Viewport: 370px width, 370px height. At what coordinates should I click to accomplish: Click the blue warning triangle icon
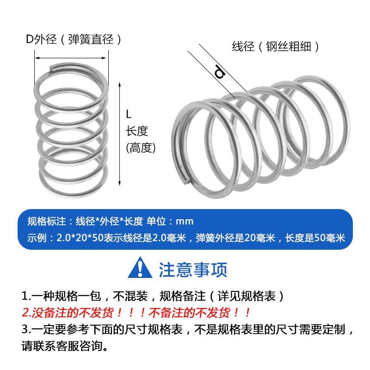[140, 269]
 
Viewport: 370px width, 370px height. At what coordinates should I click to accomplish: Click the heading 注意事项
[193, 270]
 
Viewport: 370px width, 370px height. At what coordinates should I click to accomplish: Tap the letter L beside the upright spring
[129, 113]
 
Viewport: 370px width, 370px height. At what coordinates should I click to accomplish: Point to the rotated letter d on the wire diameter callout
[220, 72]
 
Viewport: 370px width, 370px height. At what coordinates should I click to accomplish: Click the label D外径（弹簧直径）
[74, 39]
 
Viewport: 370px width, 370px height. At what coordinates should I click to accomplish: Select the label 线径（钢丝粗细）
[276, 46]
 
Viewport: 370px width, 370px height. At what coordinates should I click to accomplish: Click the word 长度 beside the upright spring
[136, 131]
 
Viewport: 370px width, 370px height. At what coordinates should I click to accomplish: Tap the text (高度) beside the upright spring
[141, 148]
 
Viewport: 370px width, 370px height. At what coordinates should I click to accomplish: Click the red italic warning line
[137, 312]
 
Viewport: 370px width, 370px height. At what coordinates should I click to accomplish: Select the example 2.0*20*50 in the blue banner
[73, 239]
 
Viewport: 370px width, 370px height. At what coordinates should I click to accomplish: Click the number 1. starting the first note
[26, 296]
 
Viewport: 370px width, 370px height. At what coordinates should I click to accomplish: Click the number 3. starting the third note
[26, 329]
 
